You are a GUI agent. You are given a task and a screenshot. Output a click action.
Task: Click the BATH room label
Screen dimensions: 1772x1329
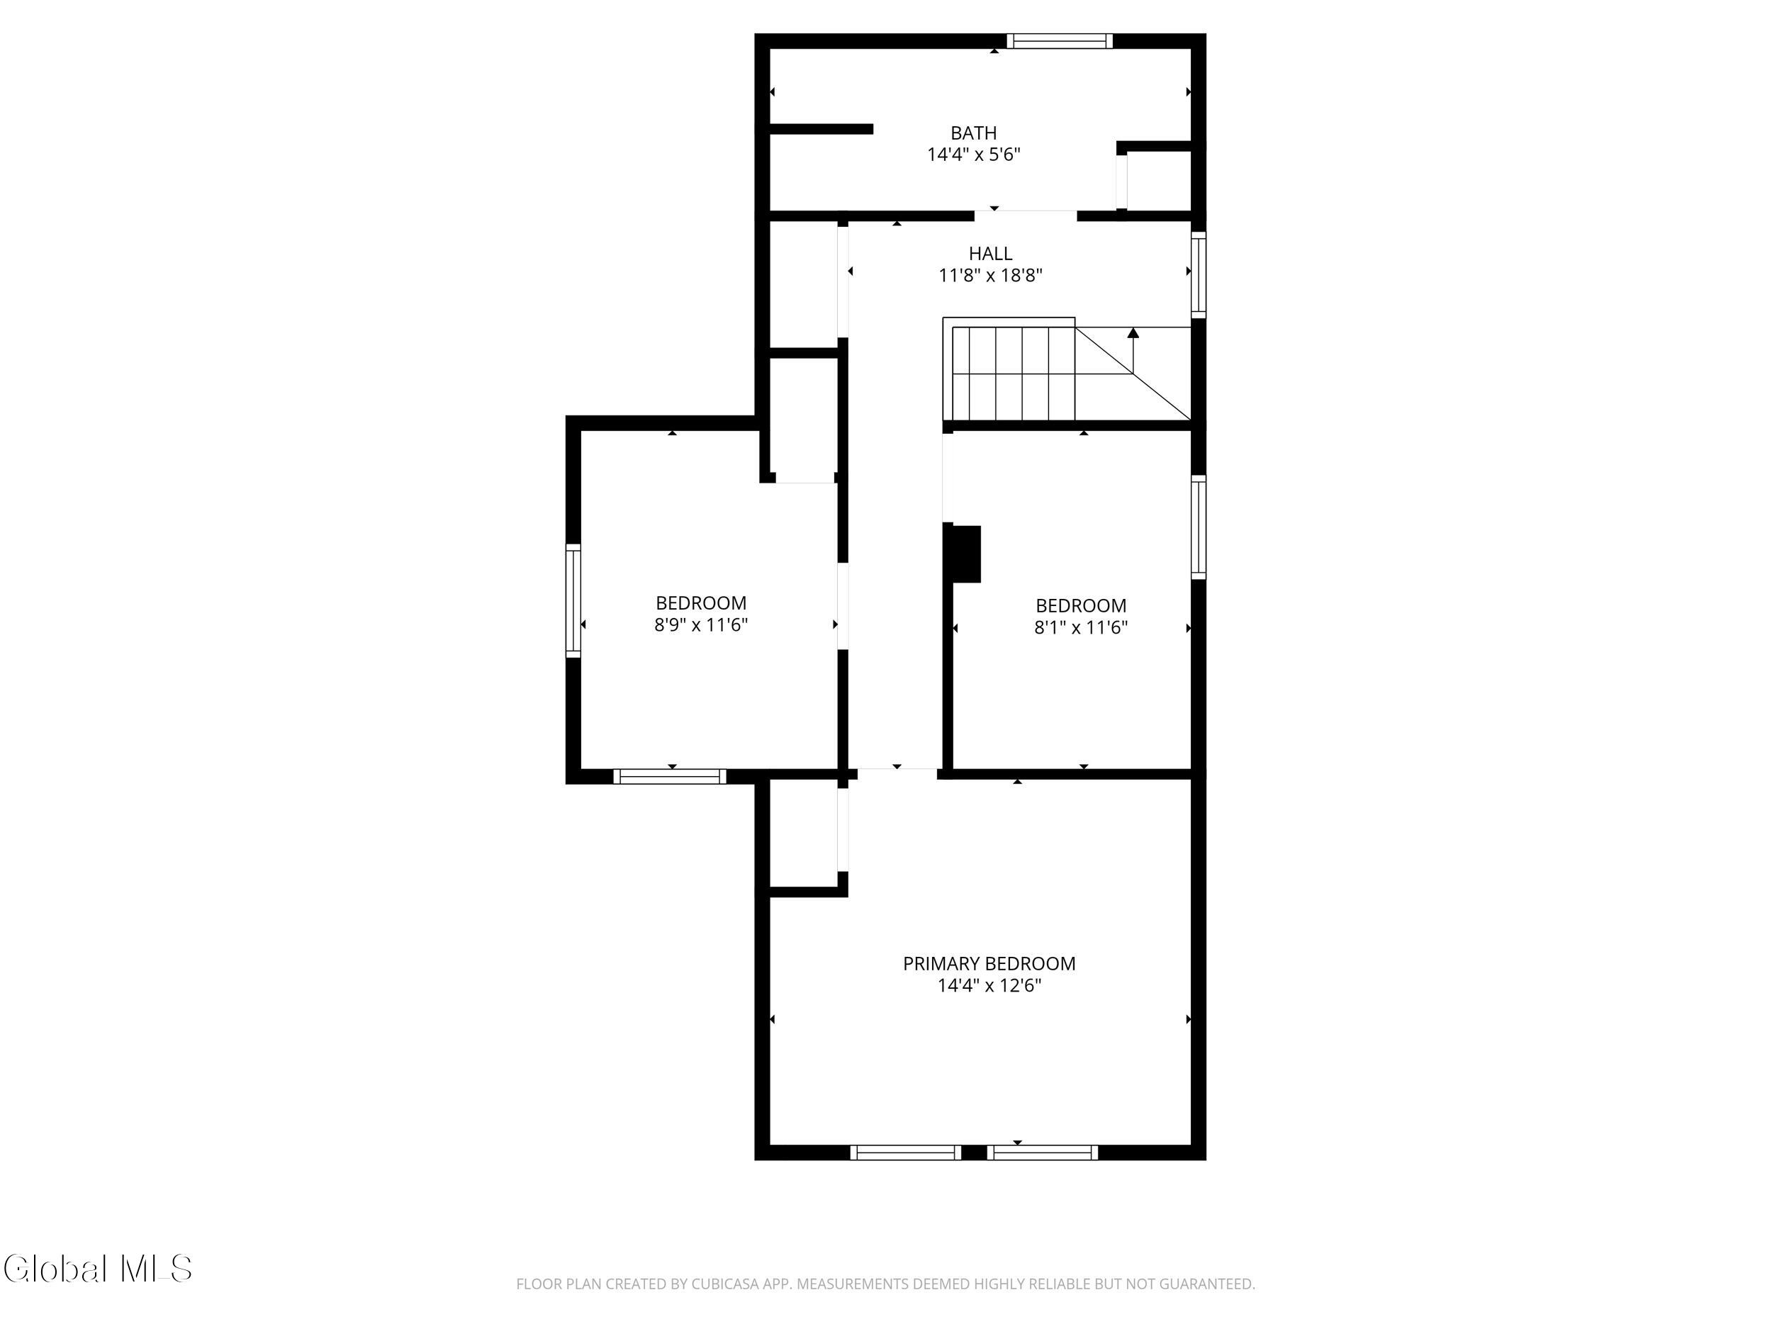point(973,133)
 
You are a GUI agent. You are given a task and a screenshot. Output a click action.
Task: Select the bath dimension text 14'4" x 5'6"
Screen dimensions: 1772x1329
point(973,155)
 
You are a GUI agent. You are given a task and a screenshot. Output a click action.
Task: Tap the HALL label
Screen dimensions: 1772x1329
point(990,254)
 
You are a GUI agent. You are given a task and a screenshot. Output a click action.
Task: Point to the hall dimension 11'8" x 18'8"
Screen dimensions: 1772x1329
point(990,276)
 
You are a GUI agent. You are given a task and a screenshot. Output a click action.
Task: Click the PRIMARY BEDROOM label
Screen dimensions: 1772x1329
point(989,964)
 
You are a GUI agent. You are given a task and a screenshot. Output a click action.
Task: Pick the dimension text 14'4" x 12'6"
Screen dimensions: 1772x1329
point(989,985)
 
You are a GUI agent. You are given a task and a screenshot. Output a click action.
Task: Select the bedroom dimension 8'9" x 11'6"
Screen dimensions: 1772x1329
point(701,625)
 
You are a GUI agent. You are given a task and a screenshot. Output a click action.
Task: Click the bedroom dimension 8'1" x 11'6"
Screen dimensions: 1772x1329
point(1081,627)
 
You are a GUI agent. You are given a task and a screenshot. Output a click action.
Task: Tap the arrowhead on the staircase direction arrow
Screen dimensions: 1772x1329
point(1133,332)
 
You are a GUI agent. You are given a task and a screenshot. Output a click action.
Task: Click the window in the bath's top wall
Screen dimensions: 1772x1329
point(1060,41)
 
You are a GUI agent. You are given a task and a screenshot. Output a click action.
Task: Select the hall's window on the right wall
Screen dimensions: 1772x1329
point(1199,275)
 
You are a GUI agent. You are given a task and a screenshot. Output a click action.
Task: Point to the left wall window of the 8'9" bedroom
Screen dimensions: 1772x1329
point(573,601)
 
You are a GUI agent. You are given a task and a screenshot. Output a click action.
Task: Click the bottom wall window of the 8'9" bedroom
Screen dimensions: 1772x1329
point(670,776)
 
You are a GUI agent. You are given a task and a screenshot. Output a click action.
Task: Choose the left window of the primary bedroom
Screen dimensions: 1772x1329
point(905,1153)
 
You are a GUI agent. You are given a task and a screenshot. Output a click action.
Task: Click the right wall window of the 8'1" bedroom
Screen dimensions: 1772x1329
point(1199,527)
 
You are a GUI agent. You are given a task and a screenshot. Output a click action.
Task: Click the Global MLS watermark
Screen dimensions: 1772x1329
point(98,1269)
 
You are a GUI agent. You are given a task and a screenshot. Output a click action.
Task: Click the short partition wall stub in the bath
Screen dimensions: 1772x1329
point(821,129)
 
